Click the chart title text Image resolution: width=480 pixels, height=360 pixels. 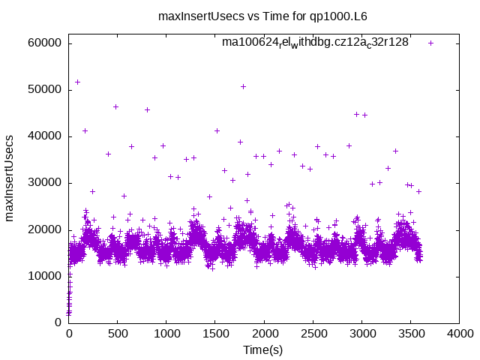(263, 15)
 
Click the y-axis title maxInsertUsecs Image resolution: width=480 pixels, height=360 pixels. (10, 178)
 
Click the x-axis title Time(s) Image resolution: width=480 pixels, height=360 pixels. (263, 350)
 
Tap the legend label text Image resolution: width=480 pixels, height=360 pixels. (315, 43)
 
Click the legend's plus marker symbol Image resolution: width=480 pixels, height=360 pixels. (430, 43)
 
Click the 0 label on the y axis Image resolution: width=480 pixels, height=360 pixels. (57, 322)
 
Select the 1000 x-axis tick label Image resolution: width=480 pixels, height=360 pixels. (166, 334)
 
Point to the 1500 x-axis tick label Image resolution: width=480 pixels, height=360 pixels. (214, 334)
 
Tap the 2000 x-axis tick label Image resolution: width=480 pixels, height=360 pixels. (263, 334)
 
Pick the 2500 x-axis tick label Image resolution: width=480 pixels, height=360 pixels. (312, 334)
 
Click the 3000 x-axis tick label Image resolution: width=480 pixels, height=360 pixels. (361, 334)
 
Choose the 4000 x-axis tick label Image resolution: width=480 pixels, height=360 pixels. (457, 334)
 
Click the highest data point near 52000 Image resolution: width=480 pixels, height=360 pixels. (77, 82)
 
